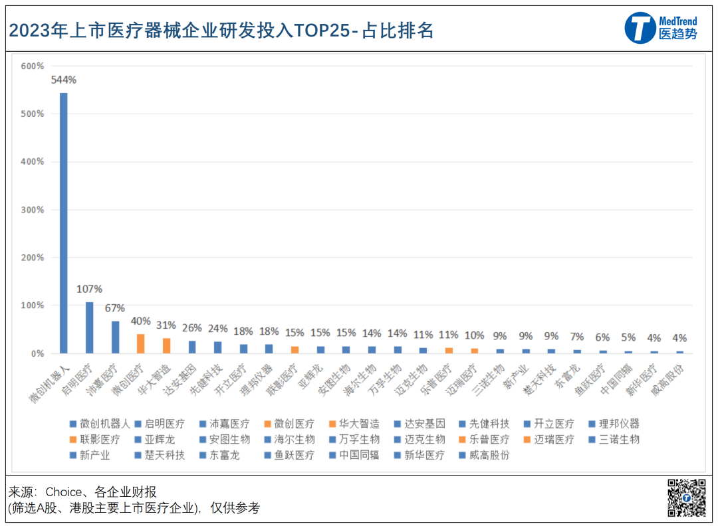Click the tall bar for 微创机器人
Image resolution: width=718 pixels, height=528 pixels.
[63, 222]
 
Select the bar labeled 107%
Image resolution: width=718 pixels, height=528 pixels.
[89, 327]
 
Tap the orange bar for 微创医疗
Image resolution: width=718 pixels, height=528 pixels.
[140, 343]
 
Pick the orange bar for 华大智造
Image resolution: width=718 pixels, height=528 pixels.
[166, 345]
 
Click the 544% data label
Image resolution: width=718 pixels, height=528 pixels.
[63, 80]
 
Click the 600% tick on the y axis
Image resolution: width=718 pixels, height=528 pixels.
[32, 66]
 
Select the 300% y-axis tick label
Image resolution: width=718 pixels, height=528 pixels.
[32, 210]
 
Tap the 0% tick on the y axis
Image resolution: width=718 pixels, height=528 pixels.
[36, 353]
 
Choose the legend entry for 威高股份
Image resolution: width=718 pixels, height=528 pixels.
[489, 455]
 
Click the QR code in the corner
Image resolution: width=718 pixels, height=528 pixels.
[687, 498]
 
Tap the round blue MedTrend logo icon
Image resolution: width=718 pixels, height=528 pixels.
[640, 28]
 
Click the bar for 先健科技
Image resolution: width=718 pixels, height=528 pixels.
[218, 347]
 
